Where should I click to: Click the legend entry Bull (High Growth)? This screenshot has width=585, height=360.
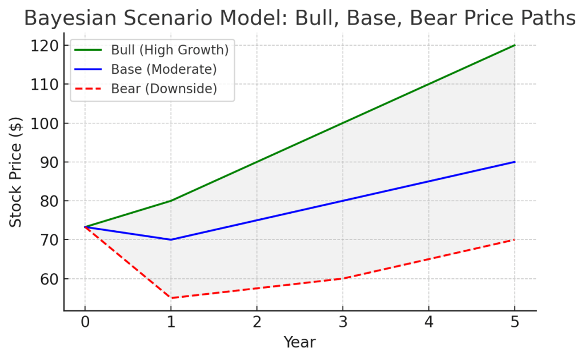click(x=170, y=50)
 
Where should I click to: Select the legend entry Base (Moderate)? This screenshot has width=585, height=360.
click(x=164, y=70)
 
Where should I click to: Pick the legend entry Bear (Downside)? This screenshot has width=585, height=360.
click(x=164, y=89)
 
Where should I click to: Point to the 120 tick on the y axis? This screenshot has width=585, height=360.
click(x=46, y=45)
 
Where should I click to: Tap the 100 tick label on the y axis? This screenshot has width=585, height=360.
click(x=46, y=123)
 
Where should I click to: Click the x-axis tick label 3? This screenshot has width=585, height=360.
click(x=343, y=323)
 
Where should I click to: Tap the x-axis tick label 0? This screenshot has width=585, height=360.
click(x=85, y=323)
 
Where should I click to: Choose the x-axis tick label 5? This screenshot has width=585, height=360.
click(x=515, y=323)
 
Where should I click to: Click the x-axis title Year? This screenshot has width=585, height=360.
click(x=300, y=342)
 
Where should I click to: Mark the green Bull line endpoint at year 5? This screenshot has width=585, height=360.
click(x=515, y=45)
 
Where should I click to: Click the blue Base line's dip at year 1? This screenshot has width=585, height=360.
click(x=171, y=239)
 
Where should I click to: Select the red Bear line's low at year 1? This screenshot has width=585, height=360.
click(x=171, y=298)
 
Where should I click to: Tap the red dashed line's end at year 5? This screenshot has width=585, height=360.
click(x=515, y=239)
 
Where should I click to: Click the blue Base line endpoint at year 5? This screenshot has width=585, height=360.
click(x=515, y=162)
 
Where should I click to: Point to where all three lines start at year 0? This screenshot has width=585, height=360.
click(x=85, y=227)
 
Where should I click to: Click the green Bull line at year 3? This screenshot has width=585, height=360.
click(x=343, y=123)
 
